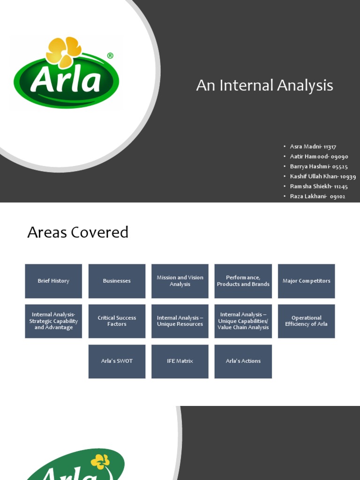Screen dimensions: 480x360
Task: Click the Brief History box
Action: (x=53, y=281)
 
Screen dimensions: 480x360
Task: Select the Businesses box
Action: (x=117, y=281)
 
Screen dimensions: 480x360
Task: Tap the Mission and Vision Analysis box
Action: (x=180, y=281)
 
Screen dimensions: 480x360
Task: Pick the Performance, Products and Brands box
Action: (x=243, y=281)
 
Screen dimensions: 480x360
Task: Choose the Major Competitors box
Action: (x=306, y=281)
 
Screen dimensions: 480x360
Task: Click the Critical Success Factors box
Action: (x=117, y=321)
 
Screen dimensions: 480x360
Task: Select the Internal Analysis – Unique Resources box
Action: (x=180, y=321)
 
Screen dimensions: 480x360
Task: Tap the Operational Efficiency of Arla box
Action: (x=306, y=321)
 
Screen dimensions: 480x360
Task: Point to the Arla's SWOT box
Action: (x=117, y=361)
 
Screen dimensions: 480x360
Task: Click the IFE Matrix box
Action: (x=180, y=361)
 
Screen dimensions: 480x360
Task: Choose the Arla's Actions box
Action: (x=243, y=361)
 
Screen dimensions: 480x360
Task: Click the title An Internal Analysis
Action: (x=264, y=85)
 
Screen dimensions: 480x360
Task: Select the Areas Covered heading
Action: (x=78, y=232)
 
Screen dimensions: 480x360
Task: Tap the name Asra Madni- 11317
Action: (x=313, y=147)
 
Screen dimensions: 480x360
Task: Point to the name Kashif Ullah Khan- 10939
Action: (x=322, y=177)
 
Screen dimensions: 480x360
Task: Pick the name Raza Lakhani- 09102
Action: (x=317, y=196)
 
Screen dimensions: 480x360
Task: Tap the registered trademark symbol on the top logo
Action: (x=110, y=56)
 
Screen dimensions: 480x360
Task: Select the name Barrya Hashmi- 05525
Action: (x=319, y=166)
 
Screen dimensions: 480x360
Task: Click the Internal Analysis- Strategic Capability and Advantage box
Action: (x=53, y=321)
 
